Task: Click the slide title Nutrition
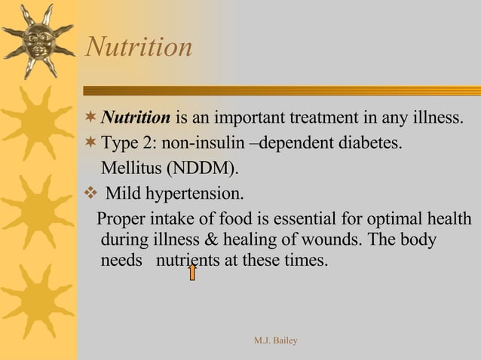[139, 47]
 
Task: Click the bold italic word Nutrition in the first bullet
[136, 118]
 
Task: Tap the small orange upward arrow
[192, 271]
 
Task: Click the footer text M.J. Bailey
[276, 341]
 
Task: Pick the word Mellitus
[130, 167]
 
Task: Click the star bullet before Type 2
[91, 143]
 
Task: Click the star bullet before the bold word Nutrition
[91, 118]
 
